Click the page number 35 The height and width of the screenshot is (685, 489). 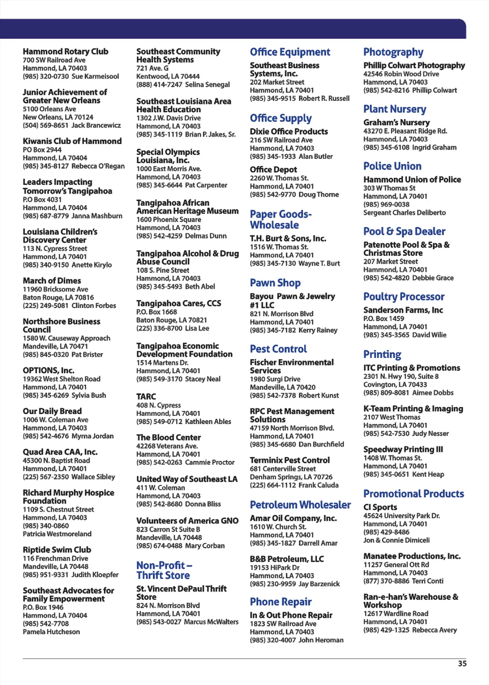[462, 664]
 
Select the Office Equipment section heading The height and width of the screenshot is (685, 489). [290, 52]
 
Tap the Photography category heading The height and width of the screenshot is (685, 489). [393, 52]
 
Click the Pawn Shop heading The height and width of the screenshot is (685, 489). [275, 283]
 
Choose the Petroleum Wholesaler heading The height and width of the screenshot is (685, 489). [300, 505]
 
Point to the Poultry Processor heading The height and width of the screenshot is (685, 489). [403, 297]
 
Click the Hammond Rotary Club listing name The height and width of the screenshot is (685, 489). [65, 51]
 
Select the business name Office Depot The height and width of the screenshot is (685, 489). [273, 169]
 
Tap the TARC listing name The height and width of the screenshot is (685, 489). [146, 397]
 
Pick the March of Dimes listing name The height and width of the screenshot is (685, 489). [51, 281]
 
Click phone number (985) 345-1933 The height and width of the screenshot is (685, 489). [273, 156]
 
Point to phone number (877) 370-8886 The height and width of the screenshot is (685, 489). [386, 581]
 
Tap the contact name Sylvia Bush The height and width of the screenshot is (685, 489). [89, 396]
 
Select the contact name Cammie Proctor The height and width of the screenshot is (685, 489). [210, 462]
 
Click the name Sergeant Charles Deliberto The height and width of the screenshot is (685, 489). [404, 213]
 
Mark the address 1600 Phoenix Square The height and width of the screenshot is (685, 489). [169, 220]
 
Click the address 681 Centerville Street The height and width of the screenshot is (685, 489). [283, 469]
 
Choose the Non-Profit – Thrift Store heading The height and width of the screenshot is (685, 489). [164, 570]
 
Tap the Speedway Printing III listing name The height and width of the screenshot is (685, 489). [403, 450]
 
